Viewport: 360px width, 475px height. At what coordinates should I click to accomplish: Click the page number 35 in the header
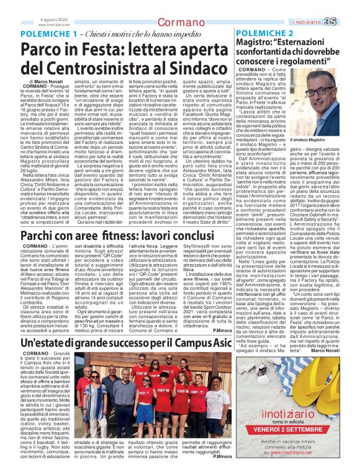(x=347, y=23)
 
